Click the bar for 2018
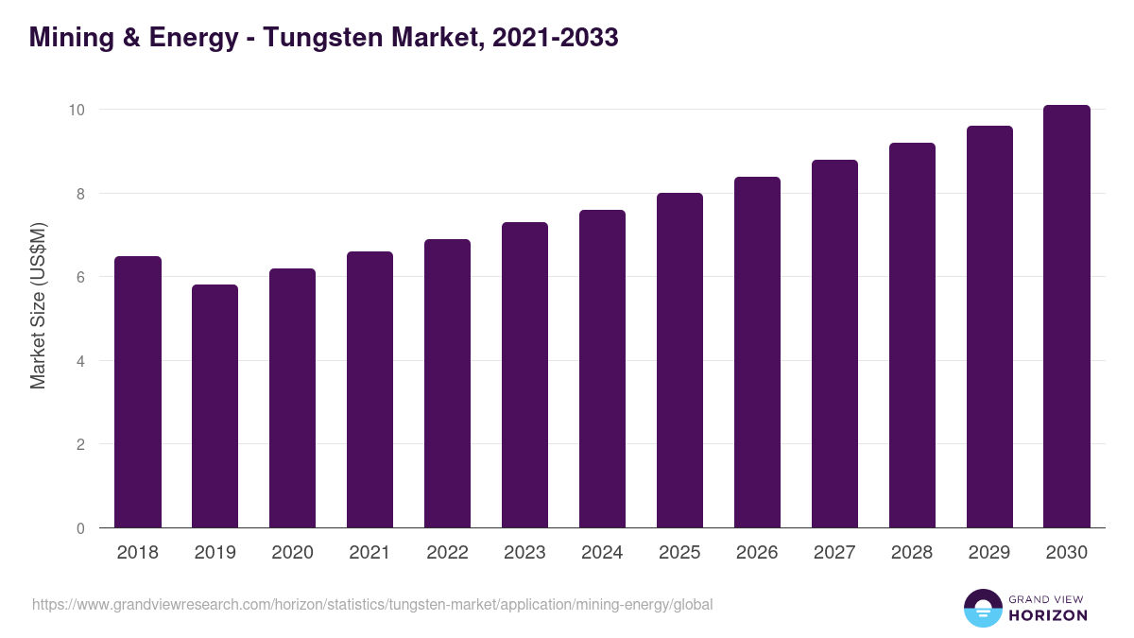(138, 392)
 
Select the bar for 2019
(215, 406)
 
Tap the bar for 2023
(524, 375)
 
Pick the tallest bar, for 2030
(1067, 317)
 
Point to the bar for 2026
(757, 353)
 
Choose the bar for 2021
(369, 389)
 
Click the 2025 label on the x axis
(679, 553)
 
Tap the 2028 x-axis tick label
(912, 553)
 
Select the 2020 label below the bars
(292, 553)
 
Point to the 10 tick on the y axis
(77, 110)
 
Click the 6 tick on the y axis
(81, 277)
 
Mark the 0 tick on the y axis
(81, 528)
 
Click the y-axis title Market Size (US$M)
(38, 306)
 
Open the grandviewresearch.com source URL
(372, 604)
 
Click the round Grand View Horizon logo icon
(983, 608)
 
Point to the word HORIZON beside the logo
(1048, 615)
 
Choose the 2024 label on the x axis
(602, 553)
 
